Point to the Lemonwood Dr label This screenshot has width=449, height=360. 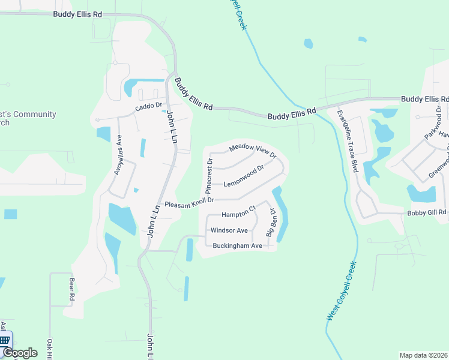pos(244,177)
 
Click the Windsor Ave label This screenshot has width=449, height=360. pos(229,230)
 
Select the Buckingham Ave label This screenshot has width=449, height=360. pos(238,245)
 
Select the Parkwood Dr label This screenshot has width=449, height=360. pos(433,123)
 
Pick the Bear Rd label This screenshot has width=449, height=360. pos(71,289)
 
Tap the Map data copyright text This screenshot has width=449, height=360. pos(423,355)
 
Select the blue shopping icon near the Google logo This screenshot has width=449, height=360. pos(5,340)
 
